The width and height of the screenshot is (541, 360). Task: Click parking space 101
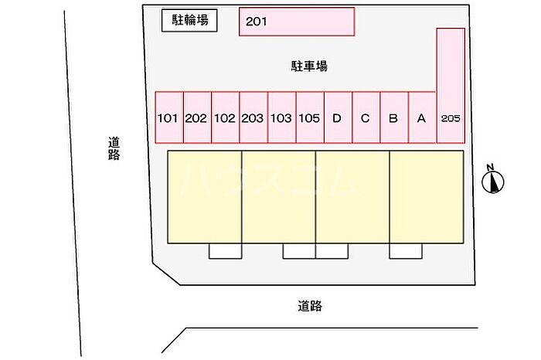168,118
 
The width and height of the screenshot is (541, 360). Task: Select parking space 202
197,118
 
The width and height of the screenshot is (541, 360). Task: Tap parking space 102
225,118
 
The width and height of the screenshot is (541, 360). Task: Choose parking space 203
253,118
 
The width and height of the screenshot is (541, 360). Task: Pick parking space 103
281,118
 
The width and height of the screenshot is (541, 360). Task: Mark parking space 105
309,118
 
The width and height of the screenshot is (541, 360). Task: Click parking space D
337,118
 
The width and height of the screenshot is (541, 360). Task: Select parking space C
366,118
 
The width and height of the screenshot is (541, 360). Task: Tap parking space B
393,118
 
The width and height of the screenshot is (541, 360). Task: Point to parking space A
421,118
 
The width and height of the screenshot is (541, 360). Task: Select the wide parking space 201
297,22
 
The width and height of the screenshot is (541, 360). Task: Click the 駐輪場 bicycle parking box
189,21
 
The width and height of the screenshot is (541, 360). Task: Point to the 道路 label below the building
309,306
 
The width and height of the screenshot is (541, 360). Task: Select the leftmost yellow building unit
205,197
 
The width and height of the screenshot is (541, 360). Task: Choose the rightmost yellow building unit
427,197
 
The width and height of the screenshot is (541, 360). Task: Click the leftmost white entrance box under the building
225,251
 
